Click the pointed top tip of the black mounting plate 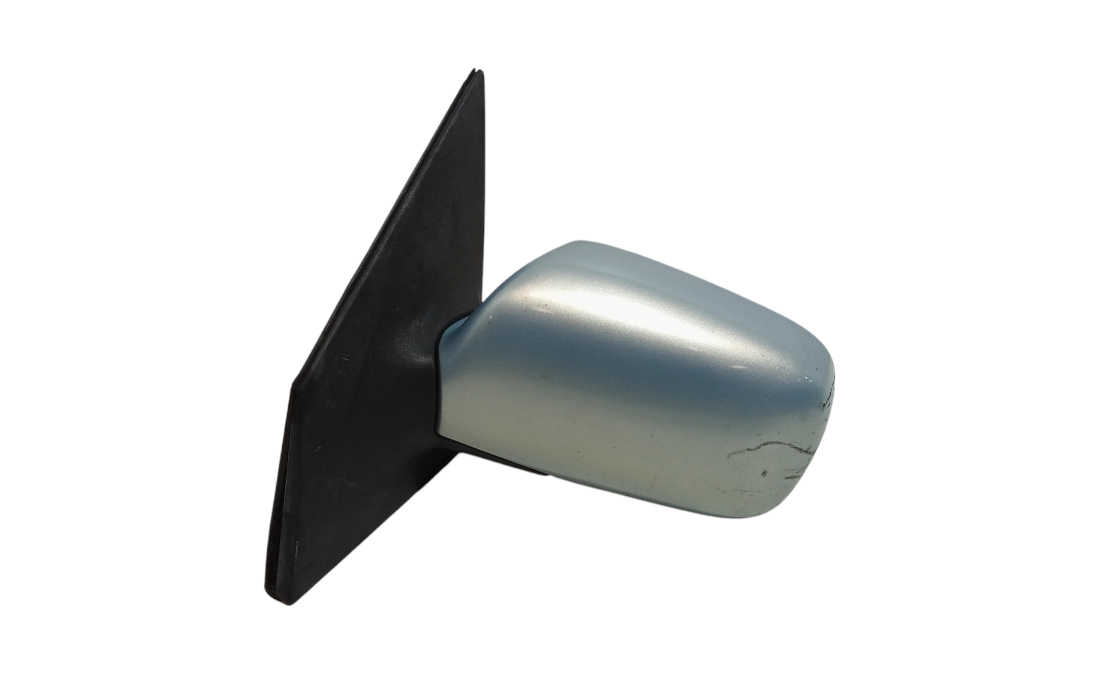(x=477, y=71)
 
